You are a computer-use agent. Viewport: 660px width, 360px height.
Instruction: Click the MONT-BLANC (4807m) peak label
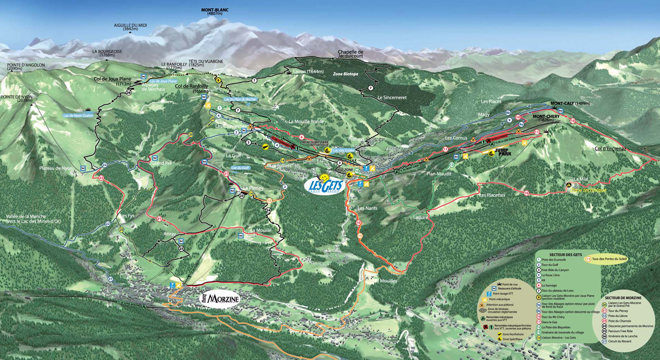pyautogui.click(x=214, y=12)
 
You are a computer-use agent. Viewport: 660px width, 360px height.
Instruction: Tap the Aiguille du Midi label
pyautogui.click(x=130, y=27)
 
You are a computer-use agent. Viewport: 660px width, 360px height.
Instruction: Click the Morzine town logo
pyautogui.click(x=220, y=298)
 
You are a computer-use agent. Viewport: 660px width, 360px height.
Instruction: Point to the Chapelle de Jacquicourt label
pyautogui.click(x=350, y=54)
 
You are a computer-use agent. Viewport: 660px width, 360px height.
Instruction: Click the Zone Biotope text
pyautogui.click(x=345, y=74)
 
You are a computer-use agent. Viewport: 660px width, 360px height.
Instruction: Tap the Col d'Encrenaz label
pyautogui.click(x=610, y=148)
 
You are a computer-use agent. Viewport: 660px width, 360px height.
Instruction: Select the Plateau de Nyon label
pyautogui.click(x=56, y=168)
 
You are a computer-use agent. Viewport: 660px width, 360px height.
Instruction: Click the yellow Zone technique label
pyautogui.click(x=588, y=191)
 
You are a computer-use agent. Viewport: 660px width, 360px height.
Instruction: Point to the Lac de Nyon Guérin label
pyautogui.click(x=78, y=116)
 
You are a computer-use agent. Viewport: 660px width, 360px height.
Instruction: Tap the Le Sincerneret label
pyautogui.click(x=392, y=98)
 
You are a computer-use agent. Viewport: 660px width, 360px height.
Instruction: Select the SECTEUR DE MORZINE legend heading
pyautogui.click(x=623, y=298)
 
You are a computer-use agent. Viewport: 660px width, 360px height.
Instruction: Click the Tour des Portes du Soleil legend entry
pyautogui.click(x=609, y=259)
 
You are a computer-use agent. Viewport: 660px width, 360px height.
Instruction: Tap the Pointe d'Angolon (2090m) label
pyautogui.click(x=26, y=67)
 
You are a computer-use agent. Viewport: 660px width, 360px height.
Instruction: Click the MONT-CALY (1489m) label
pyautogui.click(x=570, y=104)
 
